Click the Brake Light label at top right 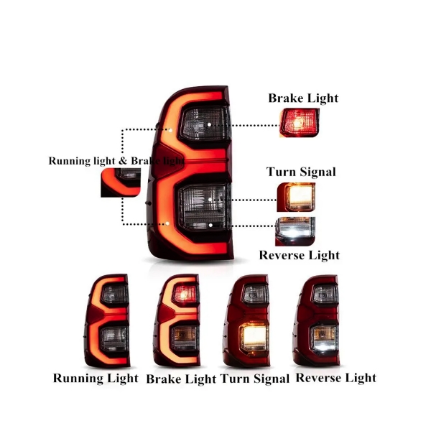303,98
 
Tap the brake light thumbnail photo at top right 298,122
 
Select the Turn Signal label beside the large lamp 301,172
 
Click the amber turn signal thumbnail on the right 295,196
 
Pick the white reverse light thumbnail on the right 295,231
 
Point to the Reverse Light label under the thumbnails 299,255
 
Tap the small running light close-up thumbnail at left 120,182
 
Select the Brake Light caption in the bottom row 182,379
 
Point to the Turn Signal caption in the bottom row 255,378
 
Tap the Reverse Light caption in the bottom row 335,377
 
